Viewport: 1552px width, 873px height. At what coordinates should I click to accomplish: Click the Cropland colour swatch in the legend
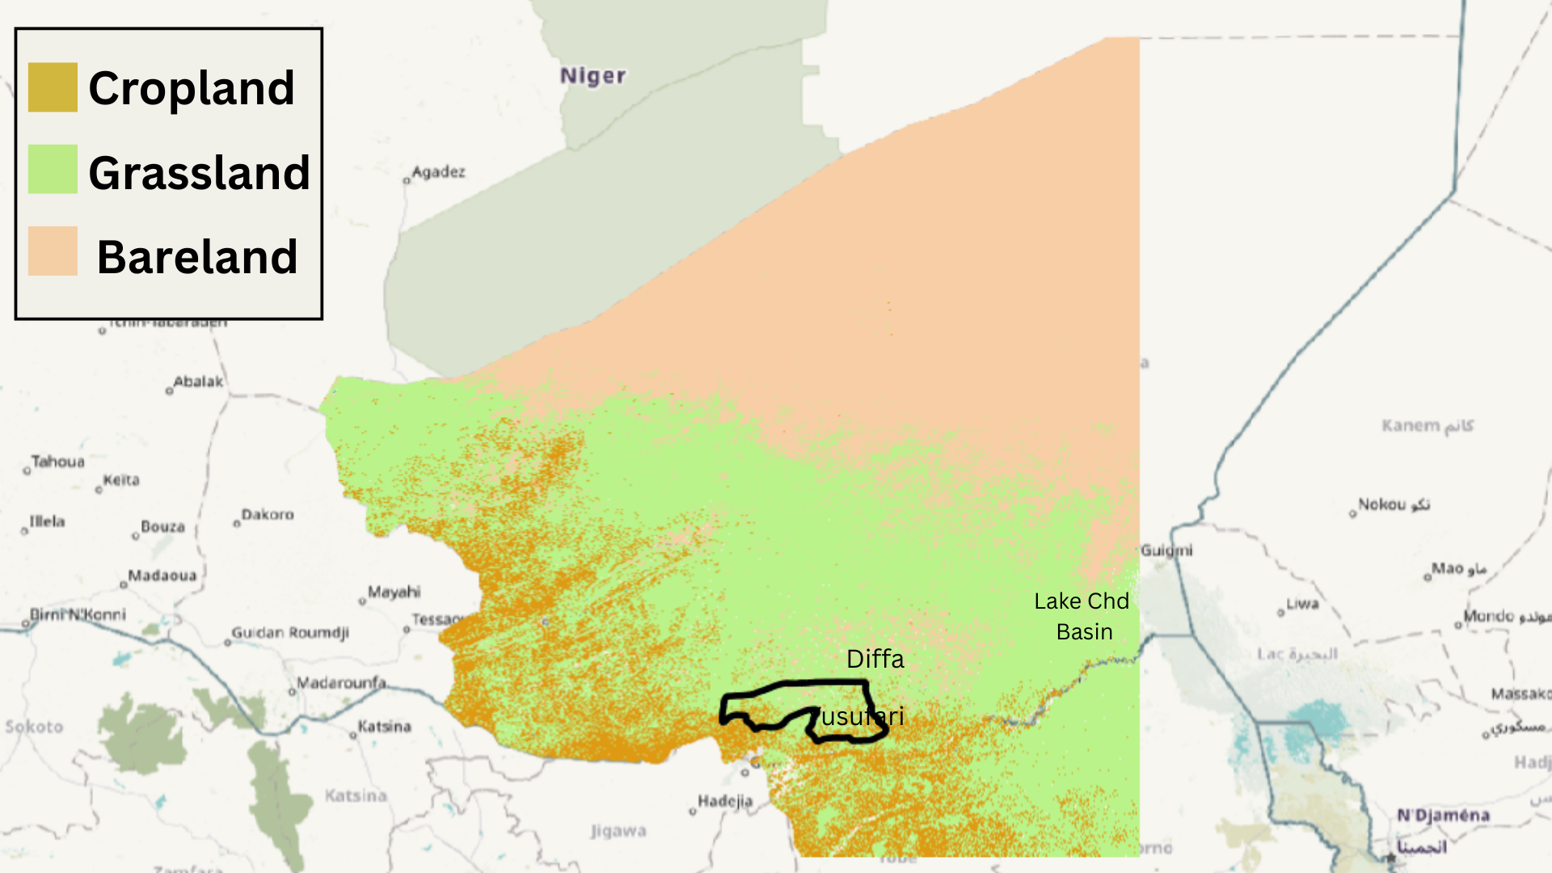tap(53, 87)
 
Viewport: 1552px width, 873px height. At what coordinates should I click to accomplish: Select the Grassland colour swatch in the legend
tap(53, 169)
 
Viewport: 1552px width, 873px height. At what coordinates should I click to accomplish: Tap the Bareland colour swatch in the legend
tap(53, 251)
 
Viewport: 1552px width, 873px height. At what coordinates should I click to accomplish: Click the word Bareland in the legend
tap(197, 257)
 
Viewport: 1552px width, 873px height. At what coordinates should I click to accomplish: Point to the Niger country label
tap(593, 76)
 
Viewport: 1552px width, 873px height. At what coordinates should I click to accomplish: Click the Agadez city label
tap(438, 171)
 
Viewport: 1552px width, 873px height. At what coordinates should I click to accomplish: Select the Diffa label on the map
tap(875, 659)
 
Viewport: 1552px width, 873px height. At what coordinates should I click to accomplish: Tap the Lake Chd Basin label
tap(1082, 616)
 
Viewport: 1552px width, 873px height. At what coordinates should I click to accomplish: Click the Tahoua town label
tap(57, 462)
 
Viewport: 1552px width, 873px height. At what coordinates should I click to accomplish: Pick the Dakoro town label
tap(268, 514)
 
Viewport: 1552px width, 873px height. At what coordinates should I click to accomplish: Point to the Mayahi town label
tap(394, 592)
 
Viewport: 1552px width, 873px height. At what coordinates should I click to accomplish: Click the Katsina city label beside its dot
tap(385, 726)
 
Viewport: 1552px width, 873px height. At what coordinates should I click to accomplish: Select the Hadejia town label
tap(725, 801)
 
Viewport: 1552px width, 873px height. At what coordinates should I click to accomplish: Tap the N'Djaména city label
tap(1443, 815)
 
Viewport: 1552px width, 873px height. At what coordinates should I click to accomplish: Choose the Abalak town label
tap(198, 382)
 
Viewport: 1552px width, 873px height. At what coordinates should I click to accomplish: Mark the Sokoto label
tap(34, 727)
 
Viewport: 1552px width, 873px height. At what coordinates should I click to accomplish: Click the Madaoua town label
tap(162, 576)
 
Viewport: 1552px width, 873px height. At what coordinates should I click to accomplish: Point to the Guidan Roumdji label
tap(290, 632)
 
